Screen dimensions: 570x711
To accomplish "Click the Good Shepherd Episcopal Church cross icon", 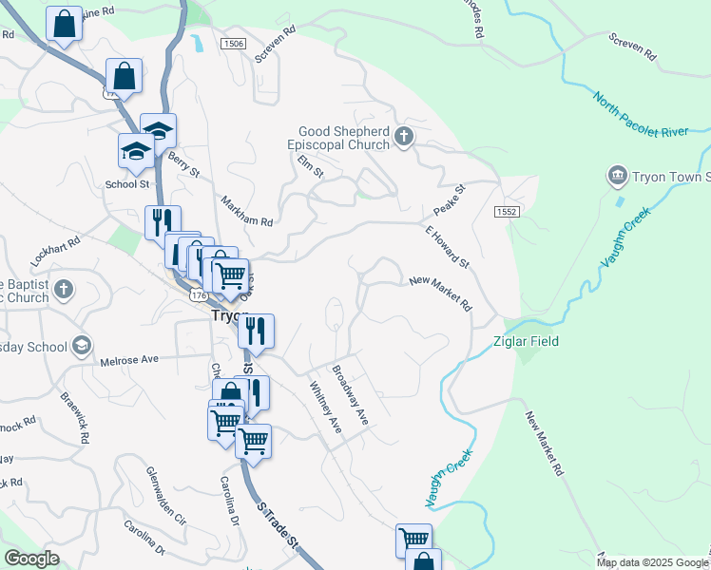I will (x=404, y=137).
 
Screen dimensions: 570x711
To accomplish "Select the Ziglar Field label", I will (x=525, y=341).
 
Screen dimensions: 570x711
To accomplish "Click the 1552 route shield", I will (x=507, y=212).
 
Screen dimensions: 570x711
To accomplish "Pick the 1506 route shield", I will (x=232, y=44).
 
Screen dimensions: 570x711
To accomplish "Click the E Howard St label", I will (x=447, y=246).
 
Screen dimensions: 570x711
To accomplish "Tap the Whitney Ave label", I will (x=325, y=408).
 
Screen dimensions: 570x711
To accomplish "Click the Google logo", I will (x=31, y=559).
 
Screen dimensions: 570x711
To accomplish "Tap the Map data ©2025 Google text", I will (x=651, y=562).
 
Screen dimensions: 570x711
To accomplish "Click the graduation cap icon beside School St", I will (x=136, y=152).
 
